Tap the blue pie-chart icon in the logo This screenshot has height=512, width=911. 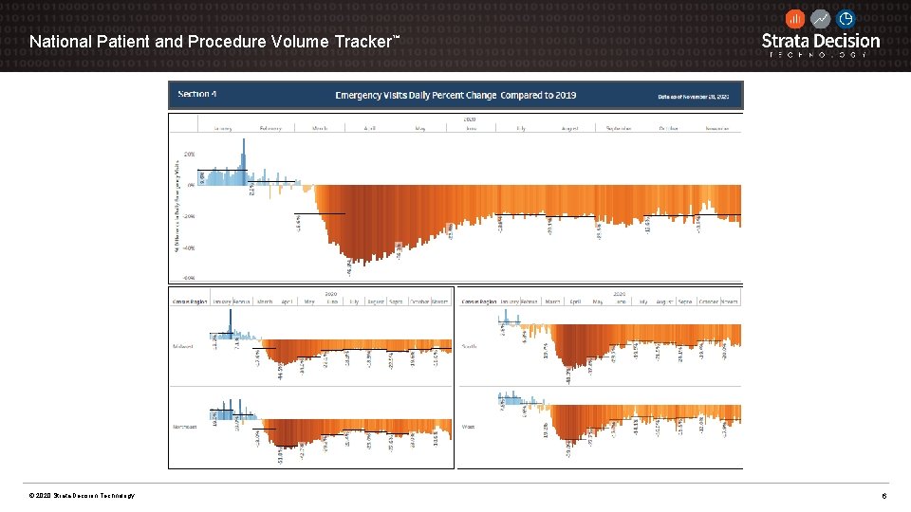846,19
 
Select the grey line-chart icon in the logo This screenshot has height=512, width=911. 820,19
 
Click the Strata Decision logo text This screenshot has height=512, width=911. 821,42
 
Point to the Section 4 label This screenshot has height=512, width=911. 198,94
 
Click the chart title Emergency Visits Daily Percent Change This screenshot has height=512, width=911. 455,95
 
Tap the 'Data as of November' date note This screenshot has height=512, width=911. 694,96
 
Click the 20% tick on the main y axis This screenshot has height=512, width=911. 190,154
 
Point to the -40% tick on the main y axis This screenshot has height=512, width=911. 190,247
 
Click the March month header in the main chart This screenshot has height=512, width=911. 321,127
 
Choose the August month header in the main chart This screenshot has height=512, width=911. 569,127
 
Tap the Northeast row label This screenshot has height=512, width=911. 185,427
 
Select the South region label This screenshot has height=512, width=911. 470,346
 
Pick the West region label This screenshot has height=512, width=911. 469,427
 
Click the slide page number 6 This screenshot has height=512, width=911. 884,496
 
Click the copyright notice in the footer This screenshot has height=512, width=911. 82,496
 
